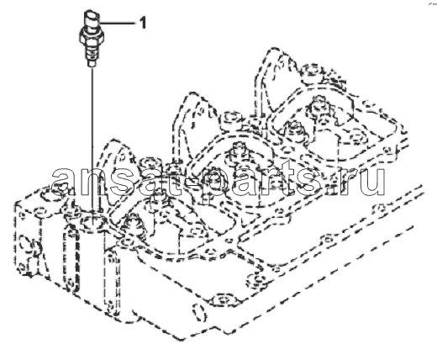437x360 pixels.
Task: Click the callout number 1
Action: [x=143, y=23]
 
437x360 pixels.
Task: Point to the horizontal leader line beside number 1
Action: [x=118, y=24]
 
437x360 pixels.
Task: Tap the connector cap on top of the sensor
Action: [x=92, y=18]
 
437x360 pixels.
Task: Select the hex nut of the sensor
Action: [x=92, y=37]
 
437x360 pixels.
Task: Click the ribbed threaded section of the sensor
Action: [x=92, y=52]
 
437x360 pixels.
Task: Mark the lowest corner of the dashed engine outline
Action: [x=179, y=340]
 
